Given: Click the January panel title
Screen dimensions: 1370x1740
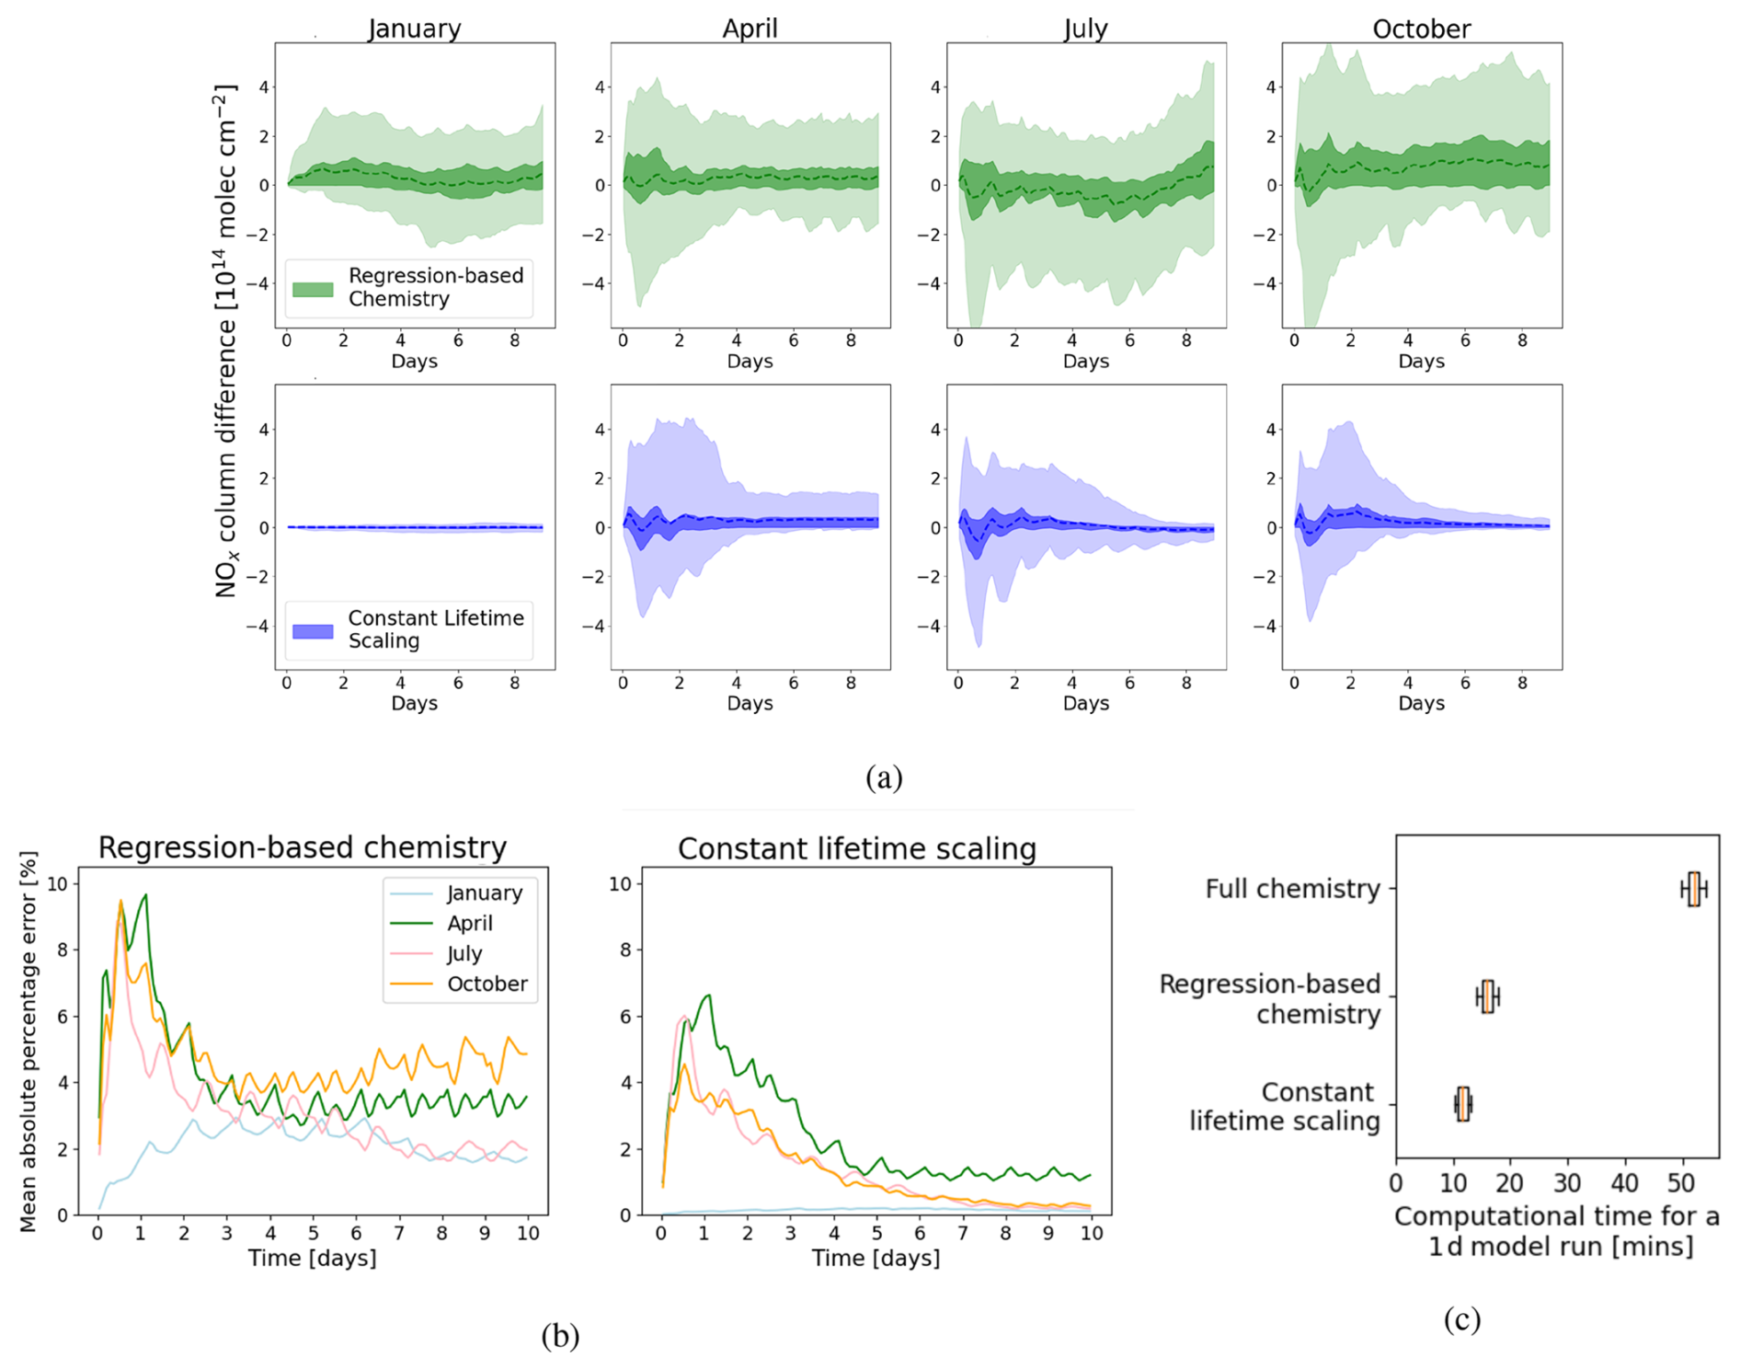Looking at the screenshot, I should [x=415, y=29].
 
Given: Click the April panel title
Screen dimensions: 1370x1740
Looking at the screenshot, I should [x=750, y=29].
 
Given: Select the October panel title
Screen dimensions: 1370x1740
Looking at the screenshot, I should [x=1421, y=29].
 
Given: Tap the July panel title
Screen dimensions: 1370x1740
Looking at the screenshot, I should [x=1085, y=29].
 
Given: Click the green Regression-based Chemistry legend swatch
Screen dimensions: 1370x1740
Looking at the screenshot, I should [x=313, y=289].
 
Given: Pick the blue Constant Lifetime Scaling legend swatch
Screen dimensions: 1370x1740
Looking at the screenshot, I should [x=313, y=631].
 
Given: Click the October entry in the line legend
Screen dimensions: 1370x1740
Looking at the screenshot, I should [x=487, y=984].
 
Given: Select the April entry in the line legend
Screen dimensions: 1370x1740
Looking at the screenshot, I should [x=469, y=923].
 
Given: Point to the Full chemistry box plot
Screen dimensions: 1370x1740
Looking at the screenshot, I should [x=1694, y=889].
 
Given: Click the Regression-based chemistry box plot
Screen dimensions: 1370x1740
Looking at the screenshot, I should [x=1487, y=996].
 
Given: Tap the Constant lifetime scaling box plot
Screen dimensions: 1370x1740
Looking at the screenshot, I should [x=1463, y=1104].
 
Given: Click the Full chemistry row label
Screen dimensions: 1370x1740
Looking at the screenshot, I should [x=1292, y=889].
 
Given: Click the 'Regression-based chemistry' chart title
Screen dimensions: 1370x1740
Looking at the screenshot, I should [x=303, y=847].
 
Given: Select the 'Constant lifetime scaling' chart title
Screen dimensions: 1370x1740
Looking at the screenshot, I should [x=857, y=848].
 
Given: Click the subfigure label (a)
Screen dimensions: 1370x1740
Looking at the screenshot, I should [x=884, y=777].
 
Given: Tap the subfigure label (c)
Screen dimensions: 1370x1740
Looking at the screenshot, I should [x=1461, y=1319].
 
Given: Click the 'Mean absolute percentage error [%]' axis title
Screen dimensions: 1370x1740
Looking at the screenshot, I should [x=29, y=1042].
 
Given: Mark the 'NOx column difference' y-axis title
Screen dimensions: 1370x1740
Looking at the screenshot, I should [x=225, y=340].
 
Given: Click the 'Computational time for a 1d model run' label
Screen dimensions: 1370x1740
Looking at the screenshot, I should [x=1557, y=1231].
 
